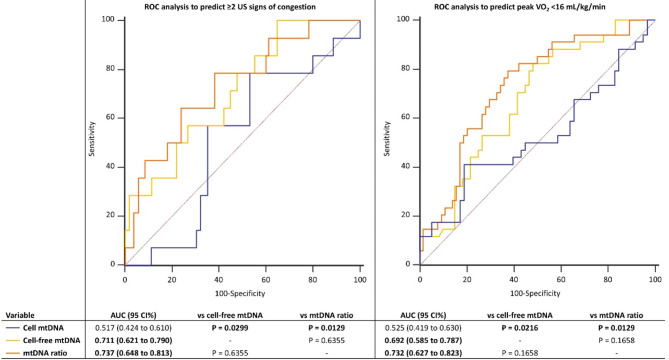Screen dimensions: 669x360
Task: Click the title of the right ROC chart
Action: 520,7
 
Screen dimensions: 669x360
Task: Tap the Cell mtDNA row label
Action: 44,328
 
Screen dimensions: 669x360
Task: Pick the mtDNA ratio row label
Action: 45,353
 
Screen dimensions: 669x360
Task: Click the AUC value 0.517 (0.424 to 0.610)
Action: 133,328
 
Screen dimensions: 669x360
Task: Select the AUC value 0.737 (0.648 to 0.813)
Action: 133,353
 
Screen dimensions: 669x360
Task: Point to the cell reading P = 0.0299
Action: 230,328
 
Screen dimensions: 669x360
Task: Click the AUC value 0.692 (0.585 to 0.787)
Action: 423,340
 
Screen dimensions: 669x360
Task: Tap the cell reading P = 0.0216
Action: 520,328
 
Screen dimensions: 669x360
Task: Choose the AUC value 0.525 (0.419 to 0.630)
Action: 423,328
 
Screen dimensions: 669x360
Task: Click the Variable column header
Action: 20,316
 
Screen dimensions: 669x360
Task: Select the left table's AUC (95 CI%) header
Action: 133,316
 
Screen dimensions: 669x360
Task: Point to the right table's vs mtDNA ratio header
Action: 616,316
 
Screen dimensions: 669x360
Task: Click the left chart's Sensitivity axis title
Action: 92,139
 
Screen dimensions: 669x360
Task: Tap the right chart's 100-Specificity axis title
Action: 535,293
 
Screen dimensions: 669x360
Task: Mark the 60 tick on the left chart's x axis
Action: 266,280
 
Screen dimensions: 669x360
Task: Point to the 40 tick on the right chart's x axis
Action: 514,280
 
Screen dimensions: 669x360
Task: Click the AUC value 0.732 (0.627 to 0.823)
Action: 423,353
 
